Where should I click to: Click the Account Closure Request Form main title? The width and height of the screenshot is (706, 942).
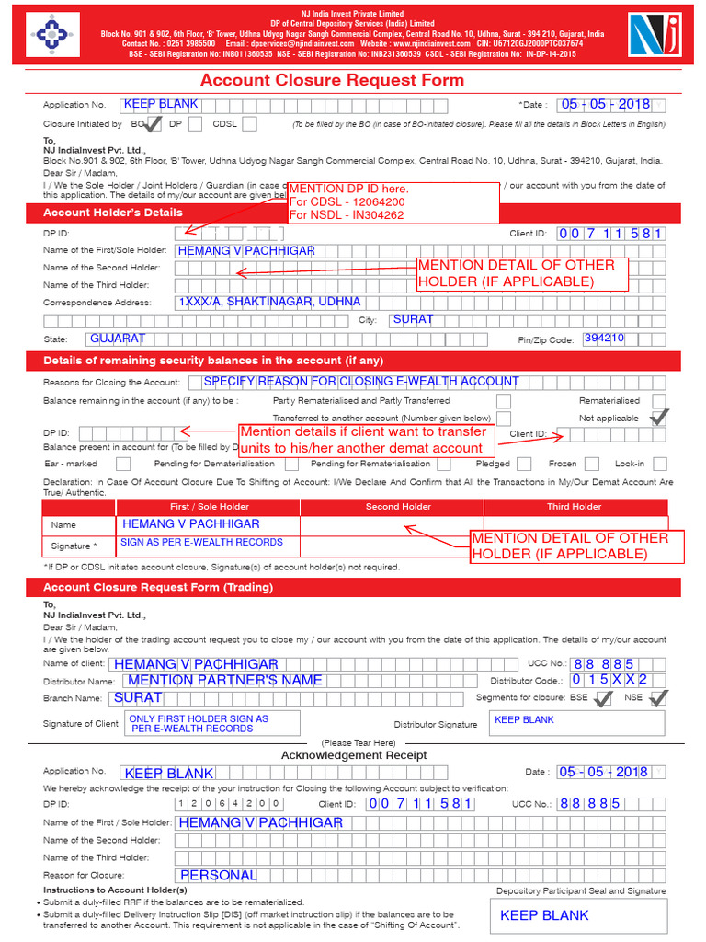pyautogui.click(x=332, y=80)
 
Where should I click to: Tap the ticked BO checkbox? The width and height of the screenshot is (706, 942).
pyautogui.click(x=154, y=123)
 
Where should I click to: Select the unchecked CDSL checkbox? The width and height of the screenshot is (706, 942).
pyautogui.click(x=249, y=123)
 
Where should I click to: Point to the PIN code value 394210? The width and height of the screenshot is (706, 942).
pyautogui.click(x=604, y=339)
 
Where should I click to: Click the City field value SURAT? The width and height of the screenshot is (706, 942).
pyautogui.click(x=412, y=320)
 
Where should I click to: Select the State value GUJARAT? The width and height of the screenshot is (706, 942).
pyautogui.click(x=117, y=339)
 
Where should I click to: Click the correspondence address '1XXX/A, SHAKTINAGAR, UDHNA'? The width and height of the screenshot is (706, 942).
pyautogui.click(x=269, y=302)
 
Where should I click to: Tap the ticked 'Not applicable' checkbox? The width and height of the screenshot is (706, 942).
pyautogui.click(x=658, y=417)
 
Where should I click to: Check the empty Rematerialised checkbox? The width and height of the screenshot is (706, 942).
pyautogui.click(x=658, y=400)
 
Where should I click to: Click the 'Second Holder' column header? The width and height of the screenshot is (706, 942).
pyautogui.click(x=398, y=506)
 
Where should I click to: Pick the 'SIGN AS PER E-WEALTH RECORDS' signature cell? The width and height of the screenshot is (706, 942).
pyautogui.click(x=201, y=543)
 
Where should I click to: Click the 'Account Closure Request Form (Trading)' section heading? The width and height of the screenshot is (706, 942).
pyautogui.click(x=158, y=587)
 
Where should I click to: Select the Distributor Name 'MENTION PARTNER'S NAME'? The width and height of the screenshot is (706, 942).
pyautogui.click(x=225, y=680)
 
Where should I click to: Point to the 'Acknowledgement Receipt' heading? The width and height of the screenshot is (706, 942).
pyautogui.click(x=353, y=755)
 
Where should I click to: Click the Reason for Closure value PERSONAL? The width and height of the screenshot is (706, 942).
pyautogui.click(x=219, y=875)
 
